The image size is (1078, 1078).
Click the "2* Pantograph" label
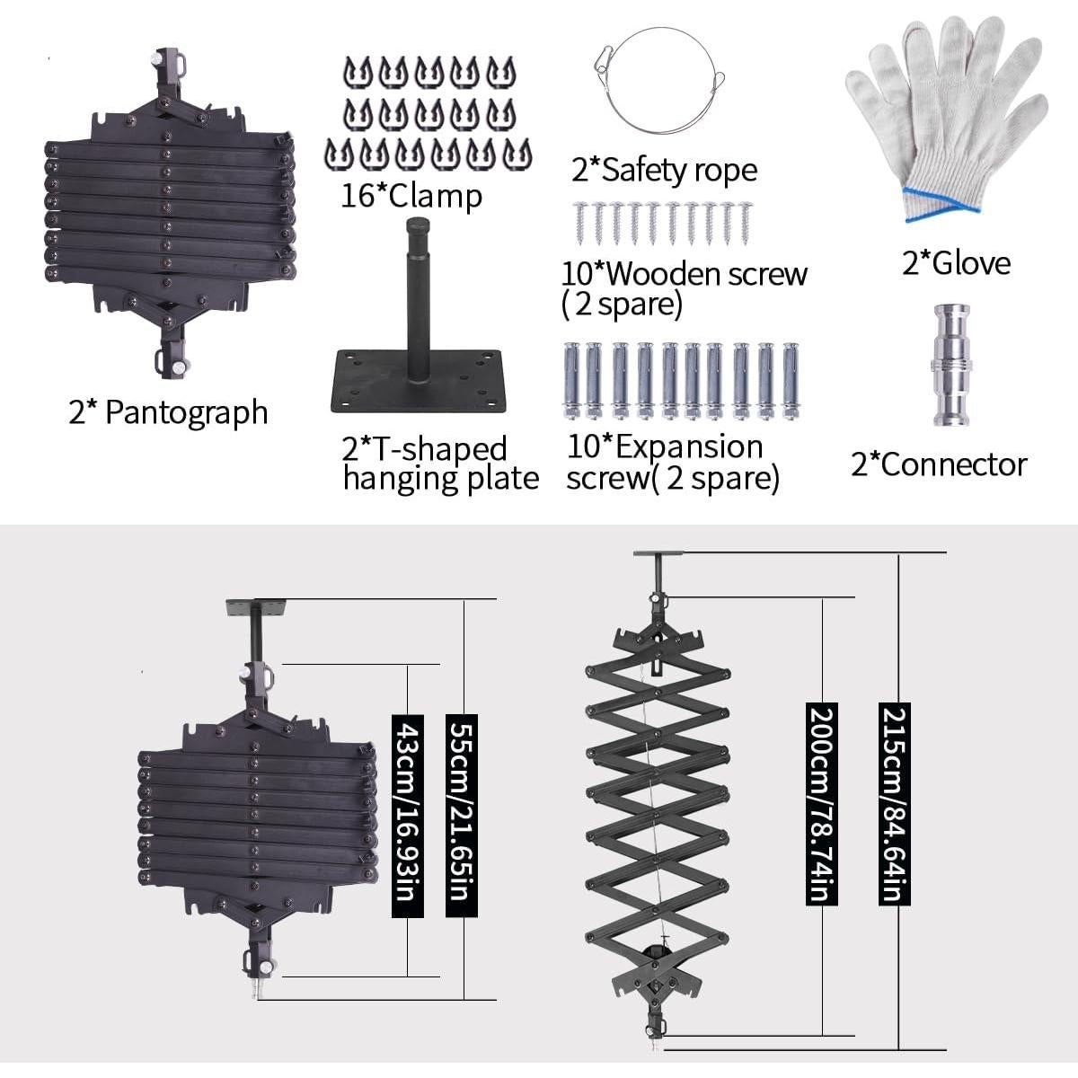click(168, 412)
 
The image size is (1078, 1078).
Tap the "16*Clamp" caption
click(411, 195)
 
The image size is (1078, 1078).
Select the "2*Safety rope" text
click(664, 170)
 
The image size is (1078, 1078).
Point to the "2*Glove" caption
click(956, 262)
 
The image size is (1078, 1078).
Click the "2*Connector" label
click(938, 464)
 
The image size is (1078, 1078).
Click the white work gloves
click(943, 117)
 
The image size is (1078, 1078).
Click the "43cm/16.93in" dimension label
click(408, 816)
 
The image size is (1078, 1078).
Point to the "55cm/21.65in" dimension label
click(462, 816)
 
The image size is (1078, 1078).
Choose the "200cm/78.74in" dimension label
click(822, 804)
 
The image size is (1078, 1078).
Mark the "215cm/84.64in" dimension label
click(895, 804)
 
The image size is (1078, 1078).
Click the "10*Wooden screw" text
click(684, 274)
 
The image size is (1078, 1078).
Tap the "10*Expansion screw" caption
click(665, 446)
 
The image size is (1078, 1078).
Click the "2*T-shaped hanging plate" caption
click(440, 464)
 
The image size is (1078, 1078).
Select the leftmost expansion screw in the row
click(570, 381)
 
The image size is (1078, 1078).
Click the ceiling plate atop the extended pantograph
click(658, 553)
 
